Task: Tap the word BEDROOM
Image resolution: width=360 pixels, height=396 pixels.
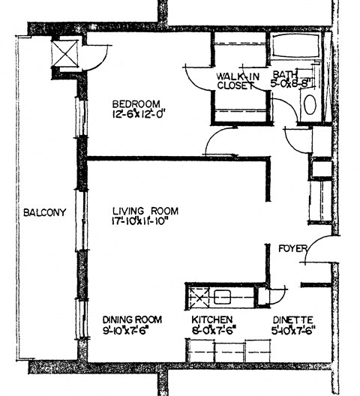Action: [x=136, y=103]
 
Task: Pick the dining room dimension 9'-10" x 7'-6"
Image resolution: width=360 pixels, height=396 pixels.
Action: [x=131, y=329]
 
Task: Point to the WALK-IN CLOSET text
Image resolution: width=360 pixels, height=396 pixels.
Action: [x=238, y=81]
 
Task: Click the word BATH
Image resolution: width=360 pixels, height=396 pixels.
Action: [x=284, y=75]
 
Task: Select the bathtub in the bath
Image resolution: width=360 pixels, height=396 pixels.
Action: [x=295, y=46]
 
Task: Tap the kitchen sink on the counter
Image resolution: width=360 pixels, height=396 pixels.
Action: [x=223, y=297]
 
